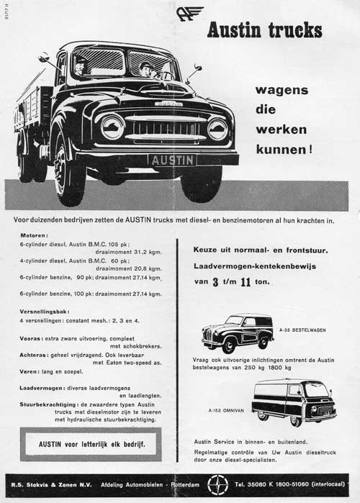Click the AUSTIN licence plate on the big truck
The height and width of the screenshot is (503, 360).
pyautogui.click(x=172, y=160)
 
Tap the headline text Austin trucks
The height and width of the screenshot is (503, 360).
pyautogui.click(x=264, y=30)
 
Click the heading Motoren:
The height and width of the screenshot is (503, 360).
pyautogui.click(x=34, y=235)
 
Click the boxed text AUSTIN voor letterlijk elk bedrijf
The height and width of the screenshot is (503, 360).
pyautogui.click(x=91, y=445)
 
